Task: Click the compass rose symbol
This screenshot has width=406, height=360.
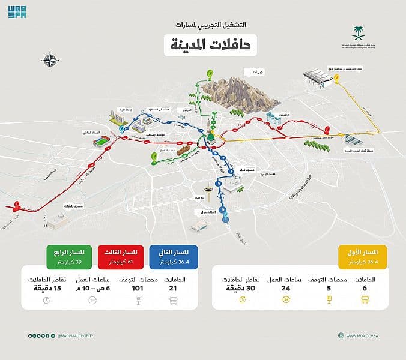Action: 49,60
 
